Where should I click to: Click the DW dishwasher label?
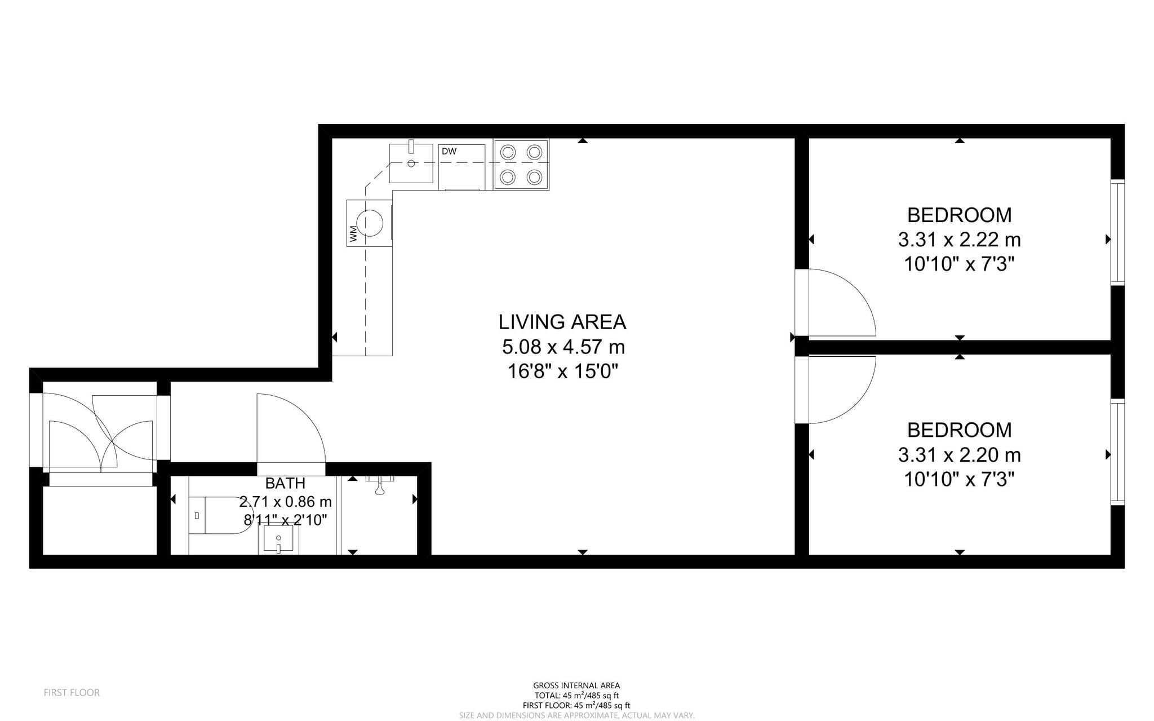coord(449,152)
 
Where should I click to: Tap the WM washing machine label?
coord(353,234)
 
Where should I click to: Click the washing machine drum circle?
coord(370,223)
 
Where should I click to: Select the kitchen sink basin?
coord(411,163)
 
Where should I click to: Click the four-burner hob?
coord(521,165)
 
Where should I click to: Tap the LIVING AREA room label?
coord(562,322)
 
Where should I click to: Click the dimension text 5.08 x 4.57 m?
coord(563,347)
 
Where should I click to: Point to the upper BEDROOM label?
coord(959,215)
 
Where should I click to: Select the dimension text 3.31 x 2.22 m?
coord(959,240)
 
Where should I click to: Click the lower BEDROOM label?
coord(959,430)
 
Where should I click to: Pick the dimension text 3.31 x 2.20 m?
coord(959,455)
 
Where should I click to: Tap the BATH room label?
coord(285,484)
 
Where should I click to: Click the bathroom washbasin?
coord(278,539)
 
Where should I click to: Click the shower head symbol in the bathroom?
coord(380,485)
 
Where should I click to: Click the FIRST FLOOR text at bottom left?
coord(72,693)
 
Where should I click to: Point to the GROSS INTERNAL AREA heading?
coord(576,685)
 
